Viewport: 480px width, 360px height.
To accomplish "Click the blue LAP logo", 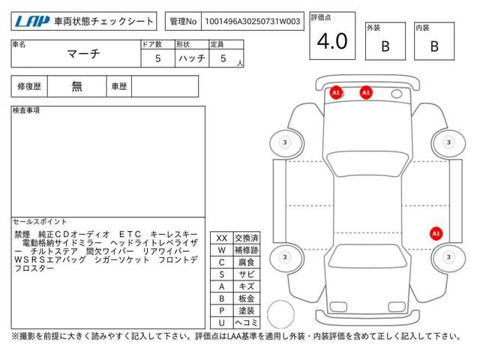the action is point(32,22).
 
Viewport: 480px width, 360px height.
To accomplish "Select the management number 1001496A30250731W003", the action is point(253,22).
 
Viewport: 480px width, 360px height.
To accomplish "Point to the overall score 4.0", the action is point(332,41).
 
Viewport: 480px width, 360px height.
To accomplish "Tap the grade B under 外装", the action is point(385,46).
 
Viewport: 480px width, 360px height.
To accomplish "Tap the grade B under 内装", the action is point(434,46).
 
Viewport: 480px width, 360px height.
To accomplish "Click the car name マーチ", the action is point(83,54).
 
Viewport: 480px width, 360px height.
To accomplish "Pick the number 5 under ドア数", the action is point(158,58).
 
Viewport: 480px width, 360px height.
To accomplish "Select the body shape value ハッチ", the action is point(192,58).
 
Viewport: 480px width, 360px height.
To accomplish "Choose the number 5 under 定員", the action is point(223,58).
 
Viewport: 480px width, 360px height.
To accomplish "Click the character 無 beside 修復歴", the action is point(76,86).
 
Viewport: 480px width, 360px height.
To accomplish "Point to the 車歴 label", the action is point(119,87).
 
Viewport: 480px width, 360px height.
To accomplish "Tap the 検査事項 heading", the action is point(26,110).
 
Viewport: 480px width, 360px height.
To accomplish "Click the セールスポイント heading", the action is point(40,221).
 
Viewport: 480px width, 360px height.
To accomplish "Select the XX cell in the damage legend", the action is point(222,238).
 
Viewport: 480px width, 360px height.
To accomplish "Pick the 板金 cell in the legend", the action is point(247,298).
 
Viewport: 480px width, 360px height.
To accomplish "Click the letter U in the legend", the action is point(222,322).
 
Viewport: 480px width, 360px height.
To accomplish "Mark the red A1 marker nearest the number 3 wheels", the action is point(436,233).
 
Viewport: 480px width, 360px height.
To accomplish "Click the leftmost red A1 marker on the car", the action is point(336,92).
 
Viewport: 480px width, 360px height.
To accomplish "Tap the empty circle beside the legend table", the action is point(280,314).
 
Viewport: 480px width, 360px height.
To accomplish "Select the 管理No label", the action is point(183,22).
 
